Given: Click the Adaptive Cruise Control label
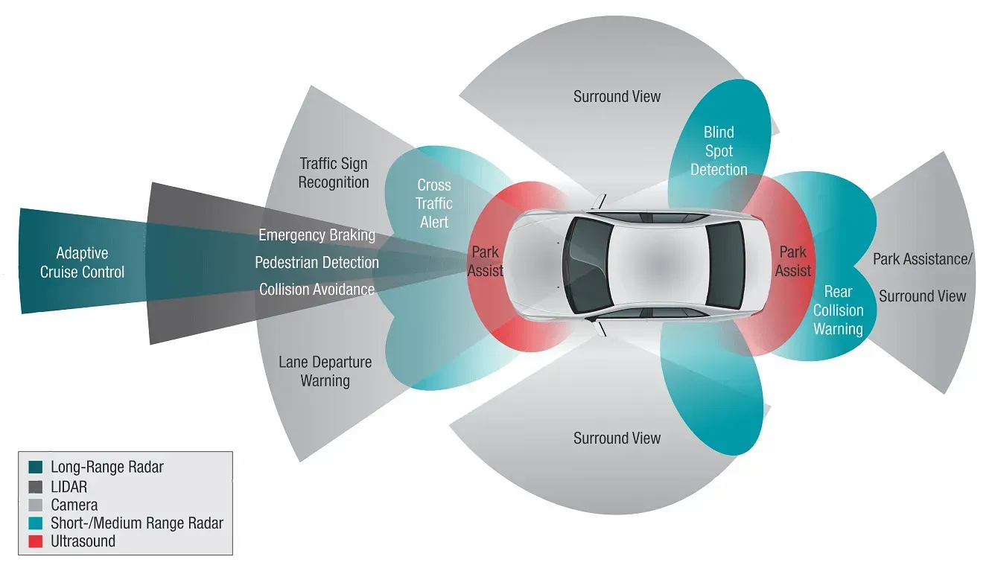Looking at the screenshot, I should point(82,263).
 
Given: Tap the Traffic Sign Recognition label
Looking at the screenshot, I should point(334,173).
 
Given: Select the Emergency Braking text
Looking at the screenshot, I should point(317,235).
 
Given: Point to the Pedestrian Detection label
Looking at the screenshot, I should point(317,262).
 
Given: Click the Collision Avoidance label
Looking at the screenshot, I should point(317,289).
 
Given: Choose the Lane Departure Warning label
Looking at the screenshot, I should point(325,371).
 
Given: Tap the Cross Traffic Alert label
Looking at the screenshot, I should point(434,203).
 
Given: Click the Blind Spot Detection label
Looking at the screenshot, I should point(719,151).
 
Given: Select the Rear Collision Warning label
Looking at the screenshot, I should point(838,310).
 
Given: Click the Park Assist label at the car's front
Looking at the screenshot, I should point(486,262).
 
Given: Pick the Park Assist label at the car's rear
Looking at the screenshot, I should point(793,261).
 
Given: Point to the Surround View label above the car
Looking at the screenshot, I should point(617,96).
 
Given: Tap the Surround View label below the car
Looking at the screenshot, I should point(617,438).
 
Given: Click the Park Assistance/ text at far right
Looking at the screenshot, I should point(923,259).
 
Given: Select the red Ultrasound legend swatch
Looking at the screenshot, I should point(35,542).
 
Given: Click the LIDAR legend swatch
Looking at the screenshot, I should point(35,487).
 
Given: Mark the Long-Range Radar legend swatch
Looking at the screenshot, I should point(35,468).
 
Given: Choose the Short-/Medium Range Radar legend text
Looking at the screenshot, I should point(137,523).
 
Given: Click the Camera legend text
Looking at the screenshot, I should point(74,505).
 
